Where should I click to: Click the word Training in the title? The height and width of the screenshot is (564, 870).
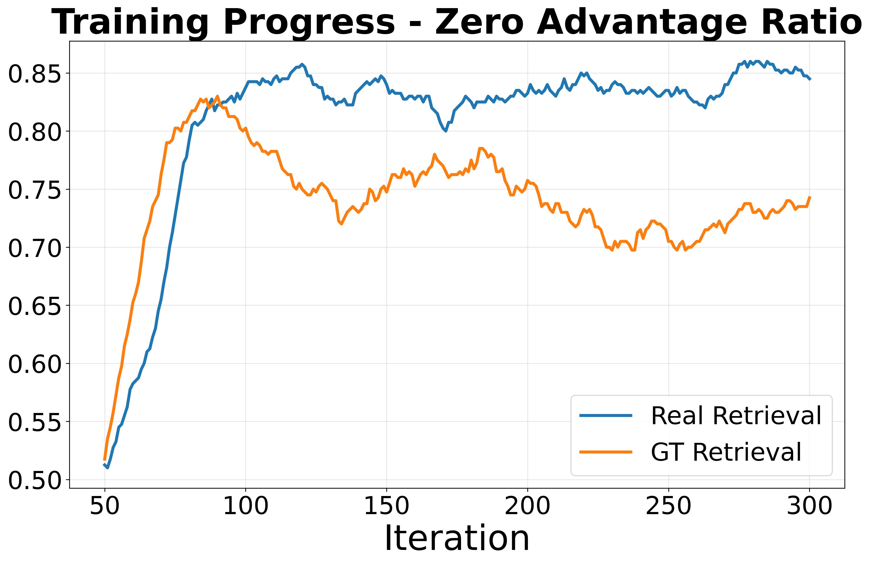130,23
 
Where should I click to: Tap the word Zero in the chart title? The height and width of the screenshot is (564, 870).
482,23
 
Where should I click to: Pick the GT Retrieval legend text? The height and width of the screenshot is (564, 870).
726,452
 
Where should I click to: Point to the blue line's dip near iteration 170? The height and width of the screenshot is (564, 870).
445,131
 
